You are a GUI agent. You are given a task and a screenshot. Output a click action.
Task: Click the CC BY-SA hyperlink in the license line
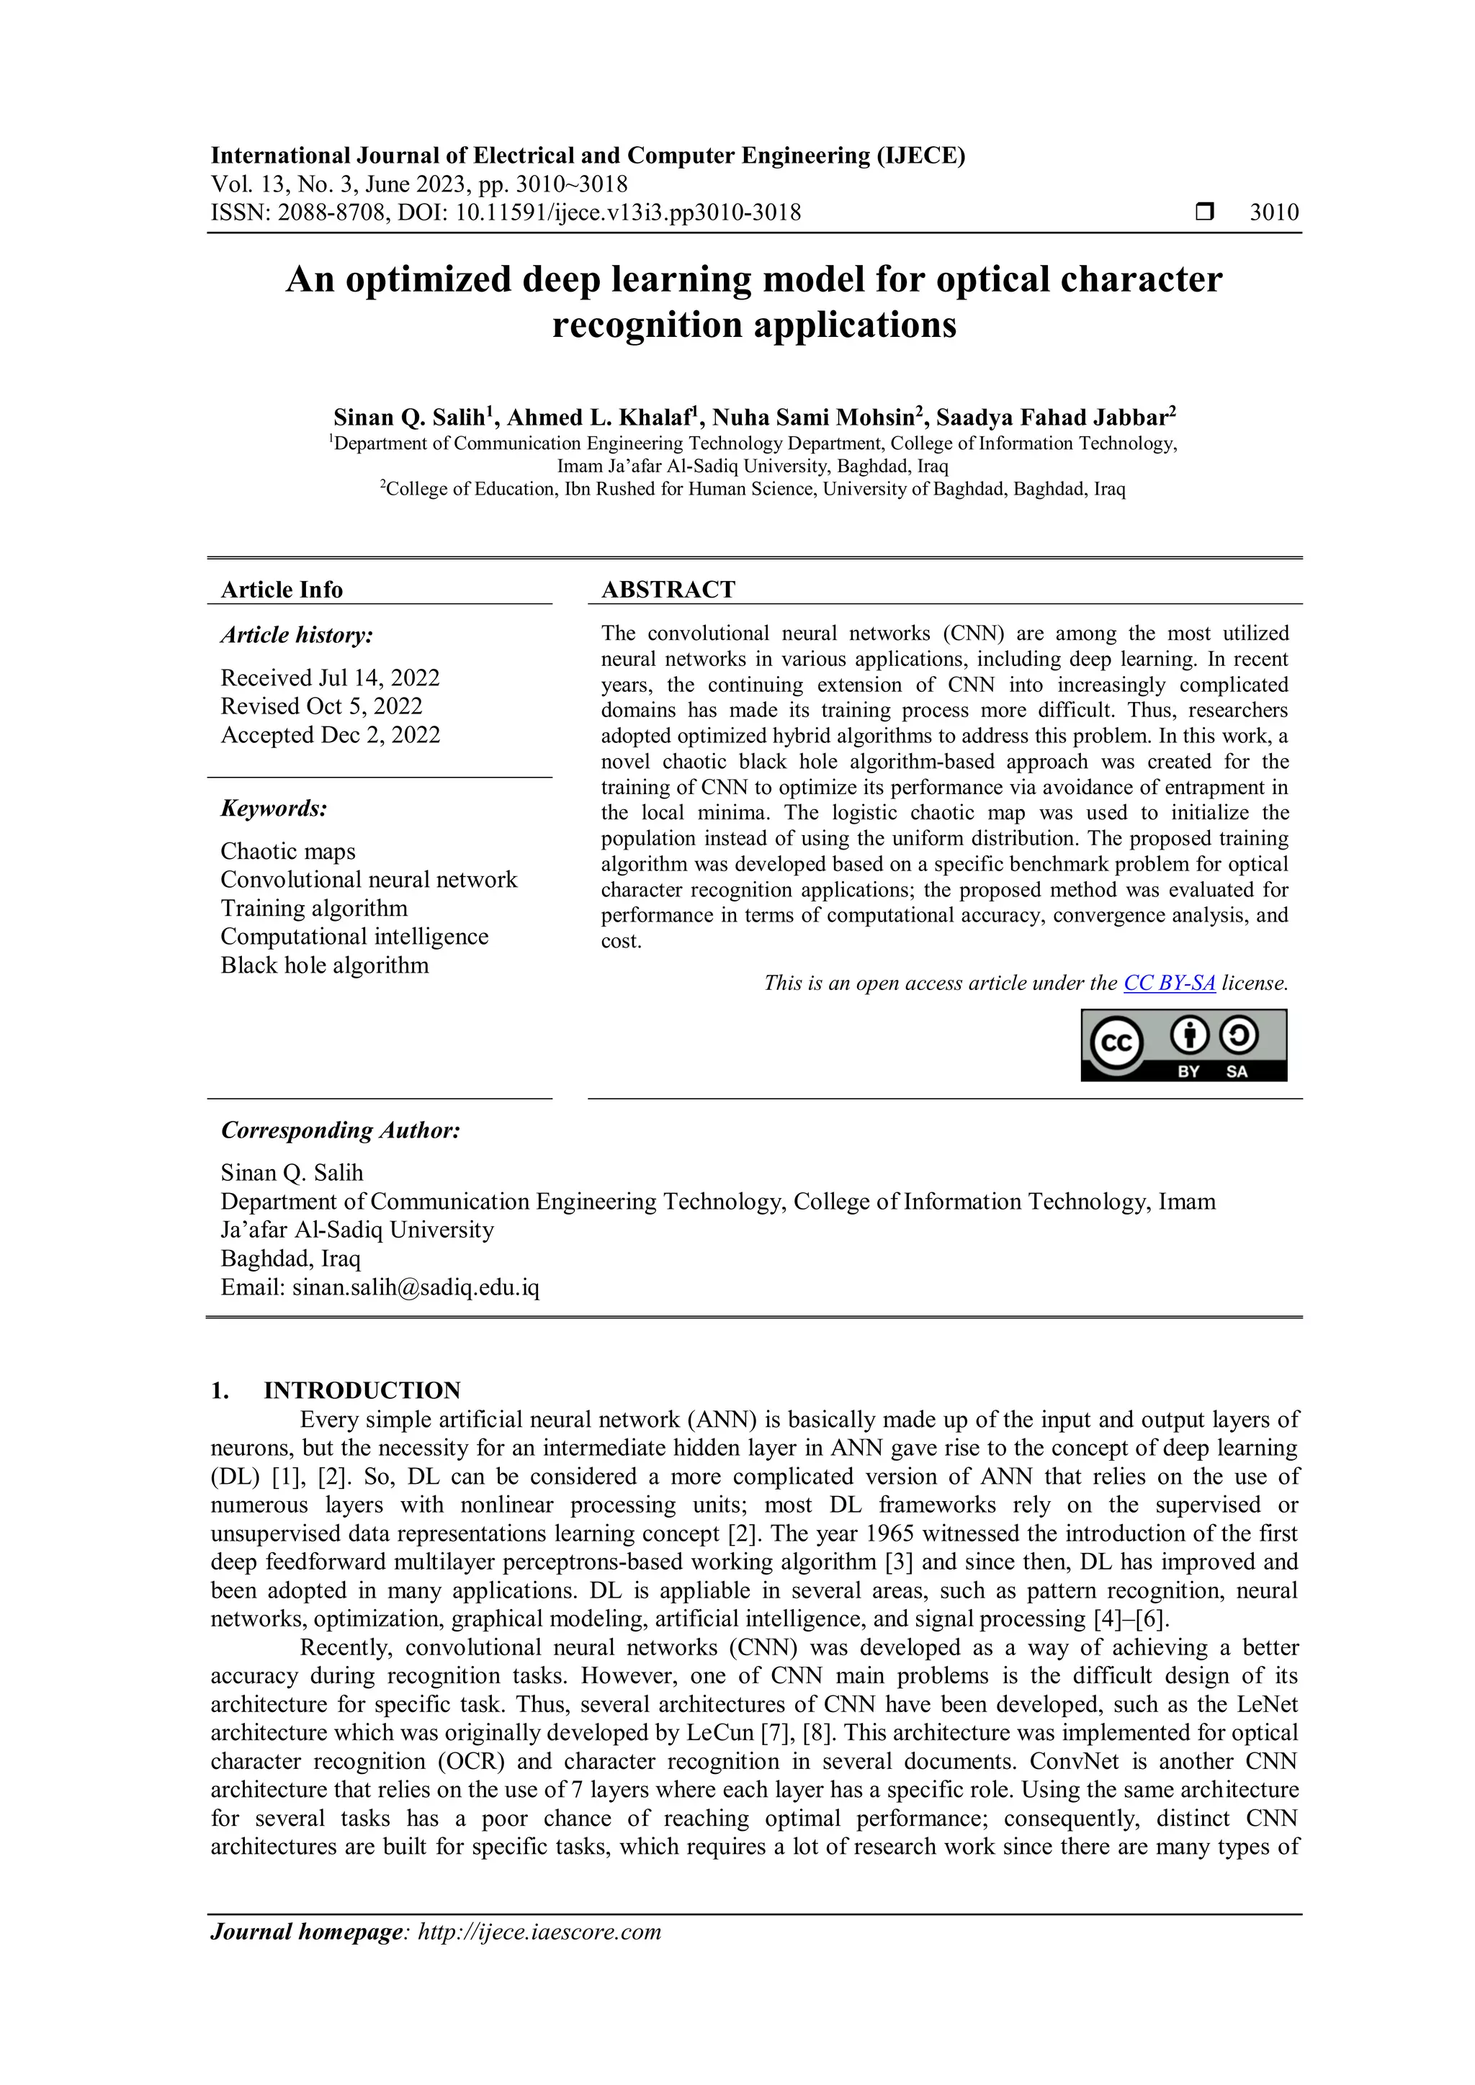click(1169, 983)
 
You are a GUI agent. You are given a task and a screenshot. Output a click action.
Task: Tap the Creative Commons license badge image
click(1183, 1045)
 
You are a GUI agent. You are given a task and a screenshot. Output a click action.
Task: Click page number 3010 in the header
click(1273, 212)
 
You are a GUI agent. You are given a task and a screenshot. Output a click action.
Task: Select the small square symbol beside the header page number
click(1204, 212)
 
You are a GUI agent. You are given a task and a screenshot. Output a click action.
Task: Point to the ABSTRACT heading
click(668, 590)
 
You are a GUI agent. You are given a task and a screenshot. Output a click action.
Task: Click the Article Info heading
click(282, 590)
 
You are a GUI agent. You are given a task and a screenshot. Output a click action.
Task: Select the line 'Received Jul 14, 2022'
click(330, 677)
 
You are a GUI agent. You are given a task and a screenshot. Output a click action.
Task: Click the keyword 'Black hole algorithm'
click(324, 965)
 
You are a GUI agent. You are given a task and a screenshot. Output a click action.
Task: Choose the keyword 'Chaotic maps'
click(288, 851)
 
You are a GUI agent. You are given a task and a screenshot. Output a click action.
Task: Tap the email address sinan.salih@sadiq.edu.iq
click(415, 1288)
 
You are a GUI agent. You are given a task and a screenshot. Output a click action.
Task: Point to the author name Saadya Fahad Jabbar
click(1051, 418)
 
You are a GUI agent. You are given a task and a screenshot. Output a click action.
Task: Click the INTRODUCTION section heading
click(362, 1390)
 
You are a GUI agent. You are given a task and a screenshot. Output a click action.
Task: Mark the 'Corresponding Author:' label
click(341, 1130)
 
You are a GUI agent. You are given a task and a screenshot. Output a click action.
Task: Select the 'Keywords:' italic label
click(274, 809)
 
